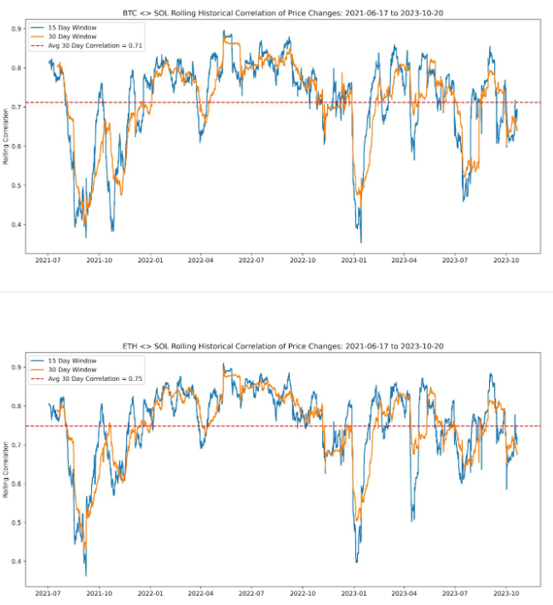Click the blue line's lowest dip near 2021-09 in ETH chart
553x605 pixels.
pyautogui.click(x=85, y=576)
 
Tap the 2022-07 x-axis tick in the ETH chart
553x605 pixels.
pyautogui.click(x=253, y=591)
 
